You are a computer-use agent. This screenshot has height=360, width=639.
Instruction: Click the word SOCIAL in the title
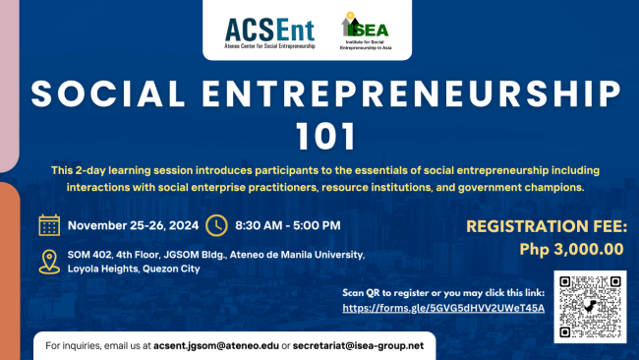[x=109, y=95]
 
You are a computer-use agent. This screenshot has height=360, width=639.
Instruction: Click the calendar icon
[x=49, y=225]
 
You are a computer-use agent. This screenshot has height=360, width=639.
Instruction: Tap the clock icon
[x=217, y=225]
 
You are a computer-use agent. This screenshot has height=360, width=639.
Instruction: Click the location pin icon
[x=49, y=262]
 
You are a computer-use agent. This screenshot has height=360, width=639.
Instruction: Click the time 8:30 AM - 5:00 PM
[x=288, y=225]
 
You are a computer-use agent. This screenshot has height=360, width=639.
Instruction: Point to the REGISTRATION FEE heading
[x=546, y=226]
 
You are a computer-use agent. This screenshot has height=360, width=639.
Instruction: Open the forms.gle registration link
[x=442, y=308]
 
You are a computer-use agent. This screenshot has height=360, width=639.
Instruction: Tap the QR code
[x=590, y=306]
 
